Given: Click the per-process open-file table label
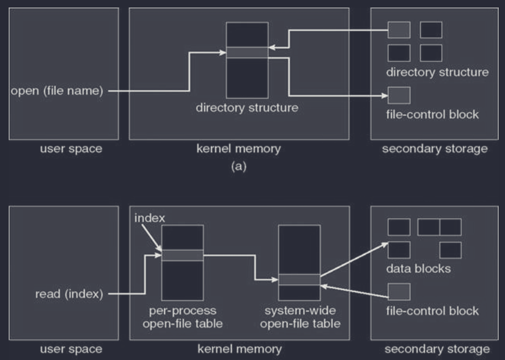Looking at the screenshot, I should pos(182,317).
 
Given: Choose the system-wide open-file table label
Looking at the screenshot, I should pos(300,317).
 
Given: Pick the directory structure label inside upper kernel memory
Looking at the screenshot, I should pos(247,107).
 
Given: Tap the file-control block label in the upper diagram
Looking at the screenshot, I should pos(432,114).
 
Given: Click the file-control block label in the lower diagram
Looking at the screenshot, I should pos(432,311).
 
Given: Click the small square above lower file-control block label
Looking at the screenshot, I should pos(399,291).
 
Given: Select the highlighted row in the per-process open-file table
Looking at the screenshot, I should pos(182,255).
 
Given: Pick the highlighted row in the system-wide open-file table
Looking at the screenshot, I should pos(299,279).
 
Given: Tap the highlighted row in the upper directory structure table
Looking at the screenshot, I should pos(247,52).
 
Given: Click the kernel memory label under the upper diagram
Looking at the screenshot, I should pos(239,149).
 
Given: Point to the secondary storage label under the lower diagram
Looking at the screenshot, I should pos(435,349).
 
